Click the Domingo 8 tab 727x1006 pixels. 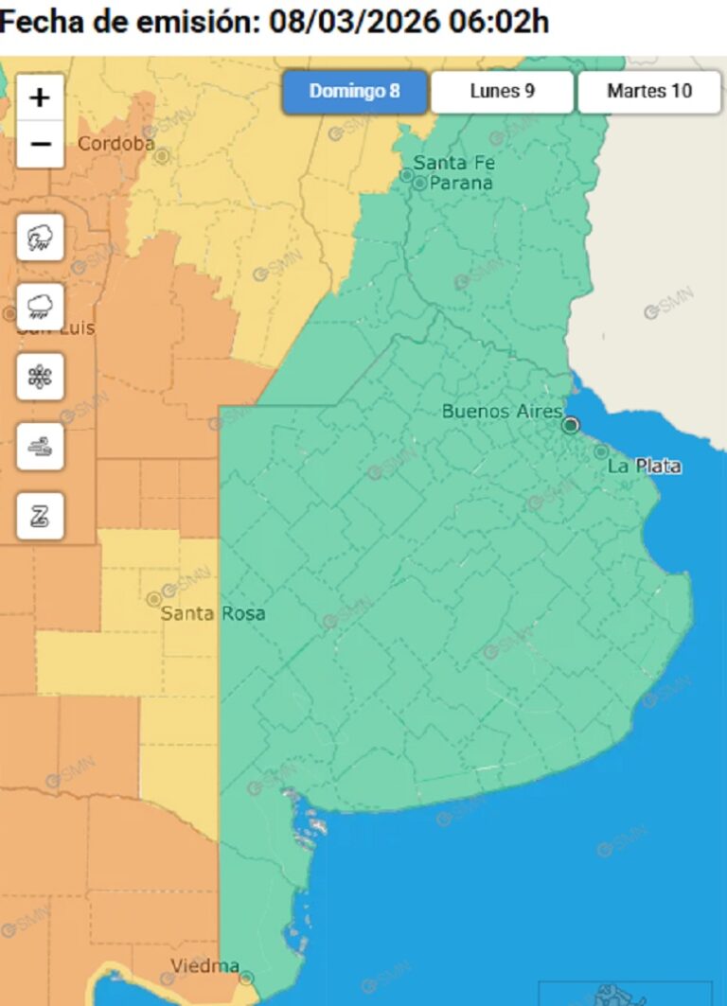[x=354, y=92]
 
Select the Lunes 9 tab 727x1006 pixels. [x=502, y=92]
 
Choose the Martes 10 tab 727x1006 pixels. [x=649, y=92]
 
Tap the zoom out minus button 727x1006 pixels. [x=41, y=144]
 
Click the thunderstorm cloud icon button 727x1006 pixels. [x=41, y=237]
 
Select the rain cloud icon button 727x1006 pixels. [x=41, y=307]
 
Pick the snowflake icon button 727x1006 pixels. [x=41, y=377]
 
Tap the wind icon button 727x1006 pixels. [x=41, y=447]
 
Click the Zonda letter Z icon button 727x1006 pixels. [x=41, y=516]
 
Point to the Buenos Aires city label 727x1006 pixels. [x=502, y=411]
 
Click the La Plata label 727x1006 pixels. [x=644, y=466]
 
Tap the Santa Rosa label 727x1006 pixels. [x=213, y=613]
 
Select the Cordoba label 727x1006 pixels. [x=116, y=144]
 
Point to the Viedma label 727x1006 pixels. [x=204, y=966]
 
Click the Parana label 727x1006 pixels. [x=461, y=183]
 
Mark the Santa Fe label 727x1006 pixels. [x=453, y=163]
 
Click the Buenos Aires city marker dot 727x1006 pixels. [x=570, y=425]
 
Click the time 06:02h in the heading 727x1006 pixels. [x=498, y=22]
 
